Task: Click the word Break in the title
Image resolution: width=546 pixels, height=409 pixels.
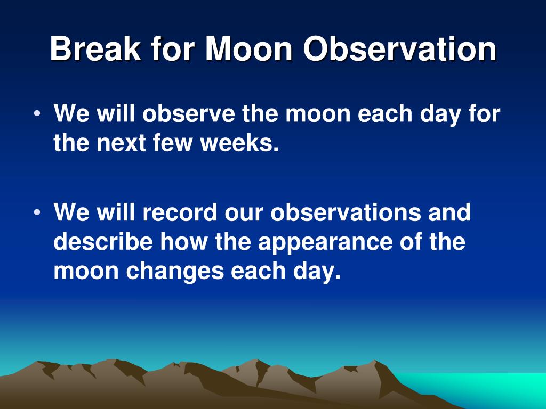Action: [95, 48]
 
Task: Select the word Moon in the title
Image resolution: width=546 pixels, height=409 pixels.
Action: [248, 48]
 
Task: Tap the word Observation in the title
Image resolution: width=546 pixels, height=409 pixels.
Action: [400, 48]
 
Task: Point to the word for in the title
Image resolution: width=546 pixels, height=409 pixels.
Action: [173, 48]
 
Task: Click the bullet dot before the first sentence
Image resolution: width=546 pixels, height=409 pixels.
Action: [37, 114]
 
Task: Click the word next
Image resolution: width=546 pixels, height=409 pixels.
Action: [121, 143]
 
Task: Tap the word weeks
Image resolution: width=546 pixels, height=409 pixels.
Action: [239, 142]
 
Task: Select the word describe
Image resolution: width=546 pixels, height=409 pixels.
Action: [103, 241]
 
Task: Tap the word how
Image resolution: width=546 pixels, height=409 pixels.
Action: [184, 241]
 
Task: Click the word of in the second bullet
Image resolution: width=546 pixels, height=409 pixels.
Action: [411, 241]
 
